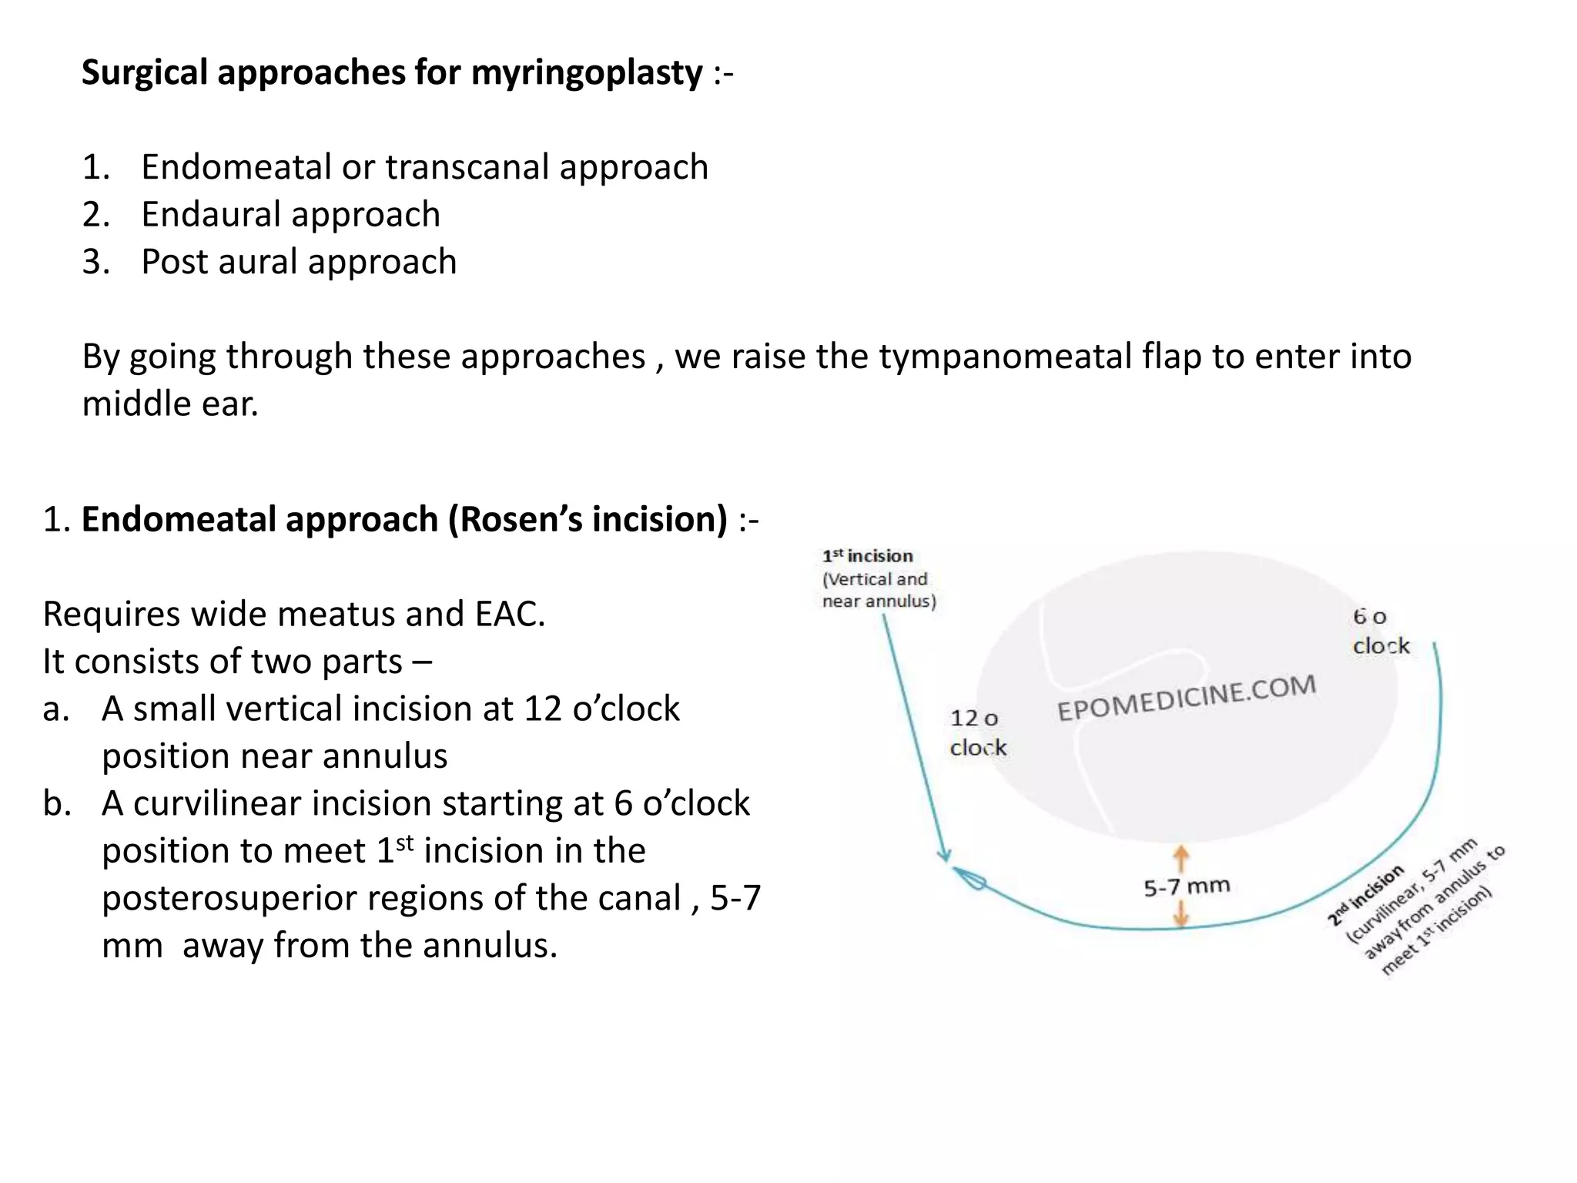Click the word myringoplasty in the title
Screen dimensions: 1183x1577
pyautogui.click(x=586, y=73)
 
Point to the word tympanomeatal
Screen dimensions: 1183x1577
pyautogui.click(x=1005, y=357)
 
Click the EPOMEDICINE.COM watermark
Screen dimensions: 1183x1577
pyautogui.click(x=1186, y=697)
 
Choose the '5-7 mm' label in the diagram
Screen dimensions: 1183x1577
pyautogui.click(x=1186, y=887)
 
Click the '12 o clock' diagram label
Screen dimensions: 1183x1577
pyautogui.click(x=977, y=732)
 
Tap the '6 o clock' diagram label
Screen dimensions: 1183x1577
pyautogui.click(x=1380, y=631)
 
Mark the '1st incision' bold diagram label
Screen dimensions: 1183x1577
pyautogui.click(x=867, y=556)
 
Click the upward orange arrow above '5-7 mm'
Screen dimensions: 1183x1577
pyautogui.click(x=1180, y=857)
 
